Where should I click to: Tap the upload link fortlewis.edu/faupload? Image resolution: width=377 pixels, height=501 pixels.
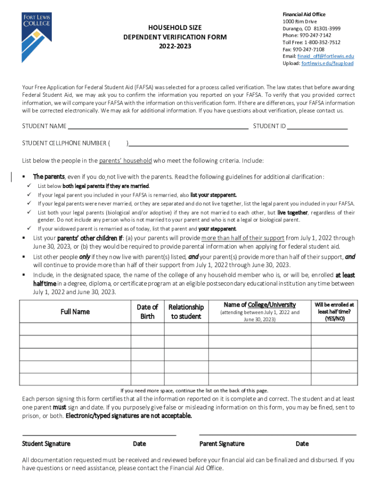click(327, 64)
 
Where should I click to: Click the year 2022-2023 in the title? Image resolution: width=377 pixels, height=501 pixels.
click(175, 46)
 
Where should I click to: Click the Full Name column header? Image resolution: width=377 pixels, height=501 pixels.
click(75, 312)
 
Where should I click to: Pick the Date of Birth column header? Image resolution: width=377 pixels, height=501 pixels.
click(147, 312)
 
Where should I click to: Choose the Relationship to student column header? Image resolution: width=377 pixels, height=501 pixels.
click(186, 312)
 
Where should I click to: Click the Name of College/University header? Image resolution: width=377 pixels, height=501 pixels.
click(259, 305)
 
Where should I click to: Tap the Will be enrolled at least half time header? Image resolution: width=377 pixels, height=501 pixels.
click(334, 311)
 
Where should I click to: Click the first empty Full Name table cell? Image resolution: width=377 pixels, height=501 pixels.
click(75, 329)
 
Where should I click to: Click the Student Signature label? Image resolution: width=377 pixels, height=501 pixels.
click(46, 444)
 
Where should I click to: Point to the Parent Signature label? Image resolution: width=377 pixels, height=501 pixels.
click(222, 444)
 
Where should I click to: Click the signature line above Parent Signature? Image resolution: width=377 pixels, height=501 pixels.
click(278, 434)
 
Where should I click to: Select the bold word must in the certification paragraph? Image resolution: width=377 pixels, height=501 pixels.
click(59, 407)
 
